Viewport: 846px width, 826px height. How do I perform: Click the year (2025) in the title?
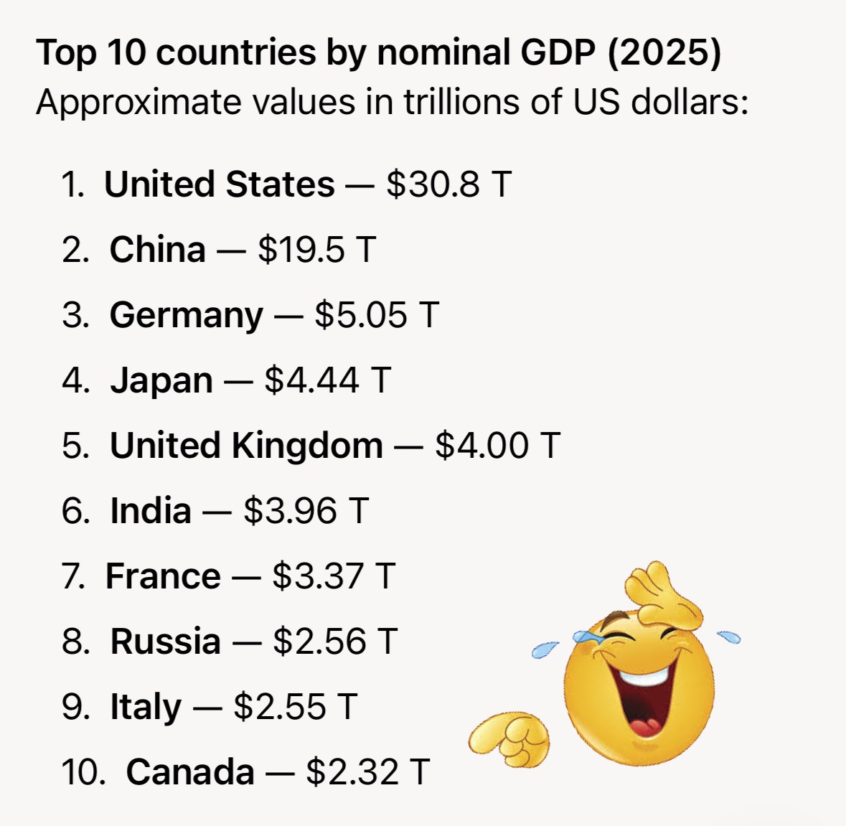[x=664, y=53]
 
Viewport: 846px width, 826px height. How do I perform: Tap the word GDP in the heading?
[x=558, y=52]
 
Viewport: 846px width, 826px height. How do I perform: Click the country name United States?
[x=219, y=184]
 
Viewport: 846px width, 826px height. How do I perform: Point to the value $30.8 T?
[x=449, y=184]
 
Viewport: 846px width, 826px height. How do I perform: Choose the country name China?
[x=158, y=250]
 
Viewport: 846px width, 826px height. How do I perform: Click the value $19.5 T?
[x=316, y=249]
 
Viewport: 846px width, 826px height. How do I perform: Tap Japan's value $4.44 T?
[x=327, y=380]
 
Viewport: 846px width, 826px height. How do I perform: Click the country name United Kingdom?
[x=247, y=446]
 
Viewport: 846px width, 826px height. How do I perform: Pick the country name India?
[x=151, y=510]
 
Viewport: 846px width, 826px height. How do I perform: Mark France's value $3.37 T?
[x=334, y=576]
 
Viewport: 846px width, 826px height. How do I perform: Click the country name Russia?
[x=166, y=642]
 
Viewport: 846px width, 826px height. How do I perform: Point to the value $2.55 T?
[x=295, y=706]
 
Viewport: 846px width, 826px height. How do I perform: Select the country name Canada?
[x=190, y=772]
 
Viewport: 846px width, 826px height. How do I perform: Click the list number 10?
[x=83, y=772]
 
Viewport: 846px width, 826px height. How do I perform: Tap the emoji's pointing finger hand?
[x=509, y=738]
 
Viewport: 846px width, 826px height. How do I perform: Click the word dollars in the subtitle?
[x=690, y=101]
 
